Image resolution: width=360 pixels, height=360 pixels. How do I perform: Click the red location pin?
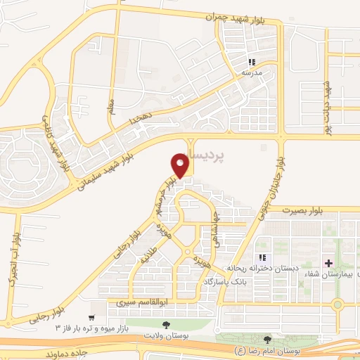(181, 166)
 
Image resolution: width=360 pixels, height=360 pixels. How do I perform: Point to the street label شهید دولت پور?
(327, 106)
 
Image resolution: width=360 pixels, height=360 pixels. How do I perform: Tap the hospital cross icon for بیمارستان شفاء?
(328, 263)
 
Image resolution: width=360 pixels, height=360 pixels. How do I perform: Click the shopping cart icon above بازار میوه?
(91, 318)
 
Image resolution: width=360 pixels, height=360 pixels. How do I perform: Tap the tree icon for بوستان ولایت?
(166, 325)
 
